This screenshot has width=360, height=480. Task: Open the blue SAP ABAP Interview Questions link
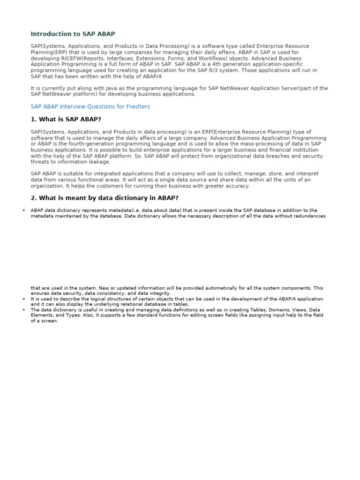[90, 107]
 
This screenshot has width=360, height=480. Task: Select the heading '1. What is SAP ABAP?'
[66, 120]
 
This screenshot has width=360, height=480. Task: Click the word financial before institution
[262, 150]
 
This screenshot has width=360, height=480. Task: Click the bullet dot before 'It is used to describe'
[23, 299]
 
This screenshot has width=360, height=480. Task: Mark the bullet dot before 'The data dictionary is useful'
[23, 310]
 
